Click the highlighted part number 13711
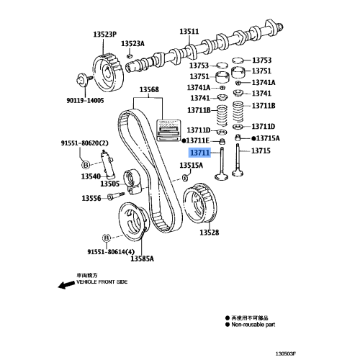tap(199, 153)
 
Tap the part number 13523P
tap(104, 34)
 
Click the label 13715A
tap(268, 138)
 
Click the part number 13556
tap(91, 198)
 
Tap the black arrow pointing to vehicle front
tap(66, 284)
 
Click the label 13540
tap(91, 176)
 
